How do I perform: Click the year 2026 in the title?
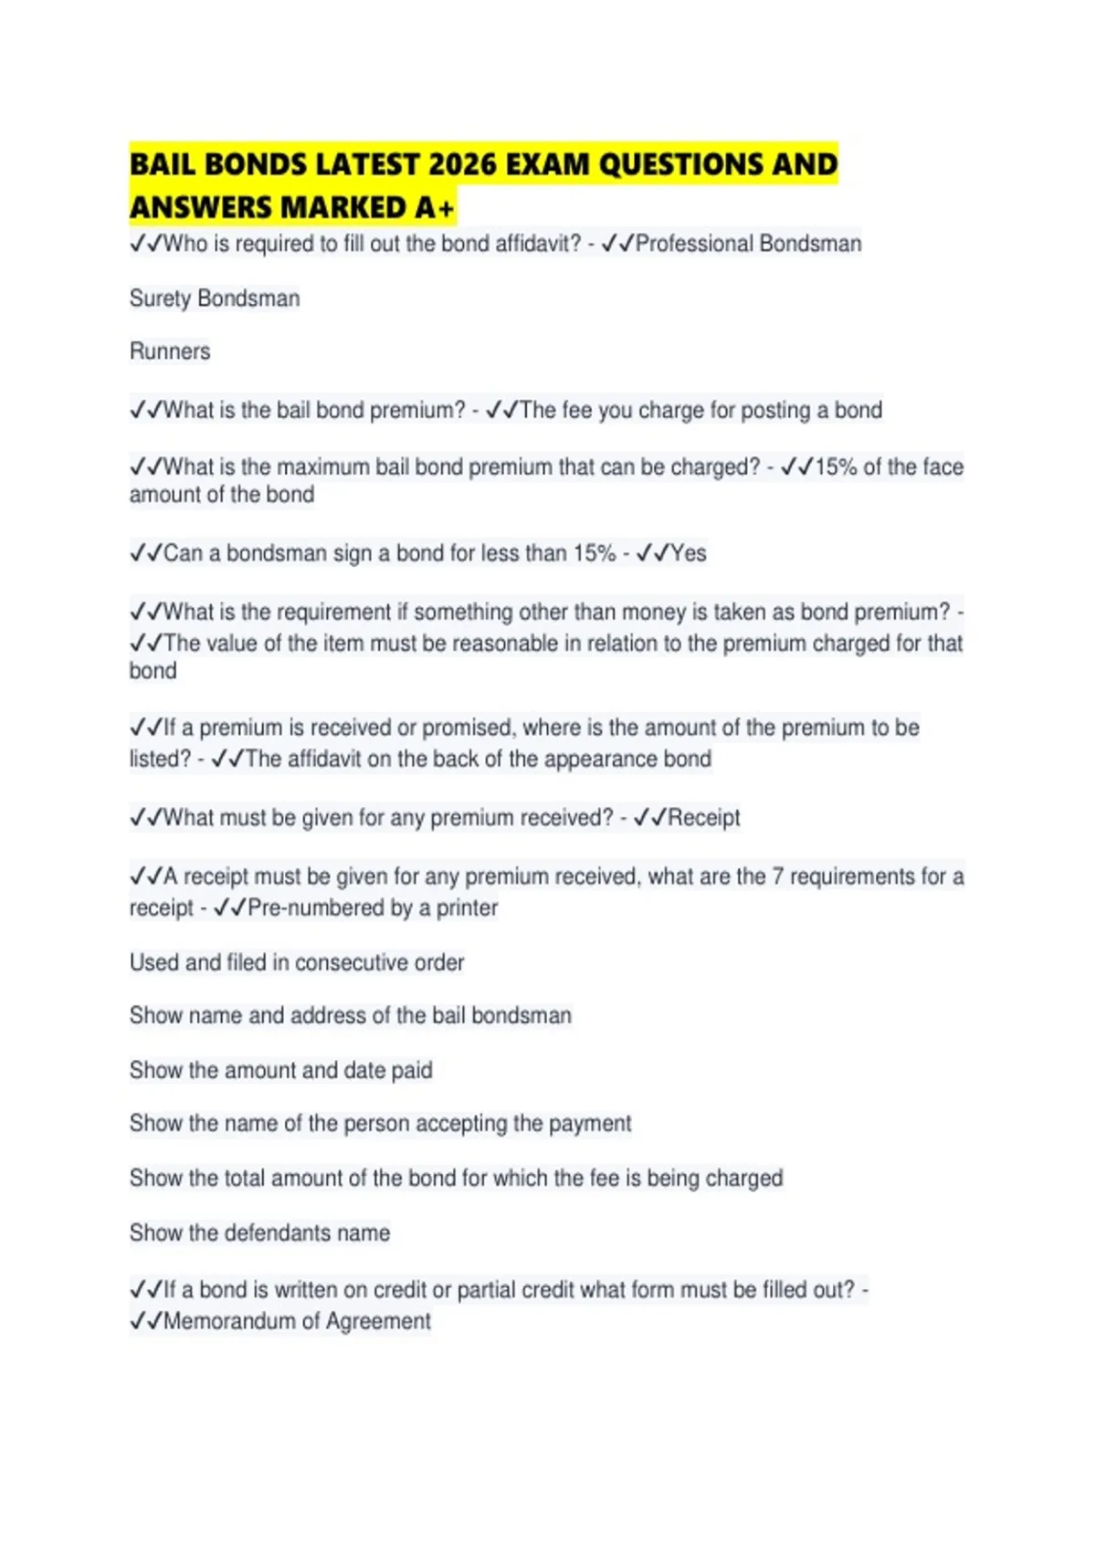(x=462, y=164)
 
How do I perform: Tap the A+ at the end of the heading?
(x=434, y=208)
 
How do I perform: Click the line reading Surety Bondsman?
(x=215, y=299)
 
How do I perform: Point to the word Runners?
(x=170, y=351)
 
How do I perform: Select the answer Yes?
(x=689, y=553)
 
